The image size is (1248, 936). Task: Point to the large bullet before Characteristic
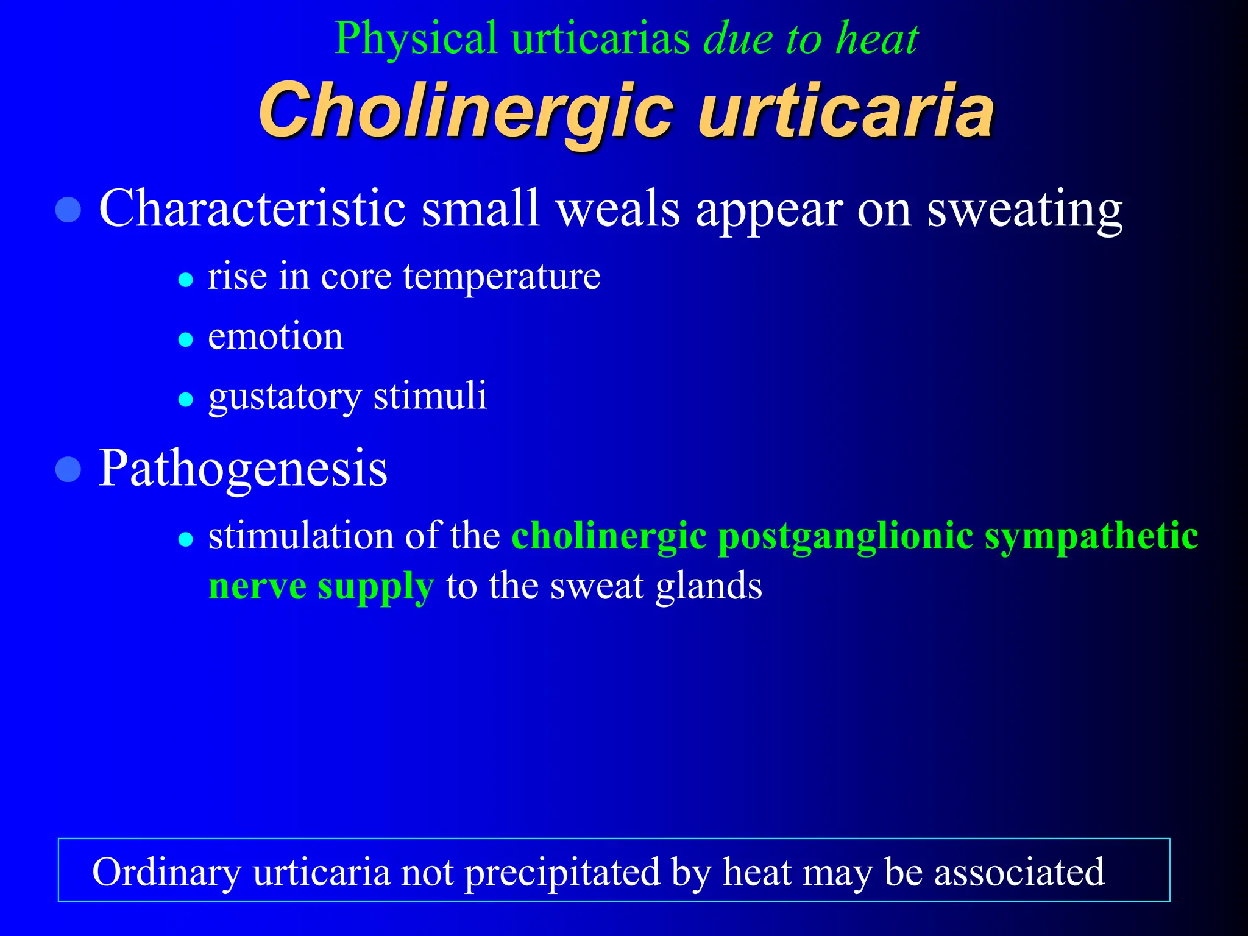68,210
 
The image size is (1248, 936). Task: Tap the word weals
618,209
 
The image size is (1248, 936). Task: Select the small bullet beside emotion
186,339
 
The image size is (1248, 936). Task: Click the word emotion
275,337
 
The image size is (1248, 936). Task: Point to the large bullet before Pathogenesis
68,470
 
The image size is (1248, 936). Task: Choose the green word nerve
257,587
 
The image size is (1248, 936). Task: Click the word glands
709,586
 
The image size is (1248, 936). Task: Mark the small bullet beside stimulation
186,539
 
